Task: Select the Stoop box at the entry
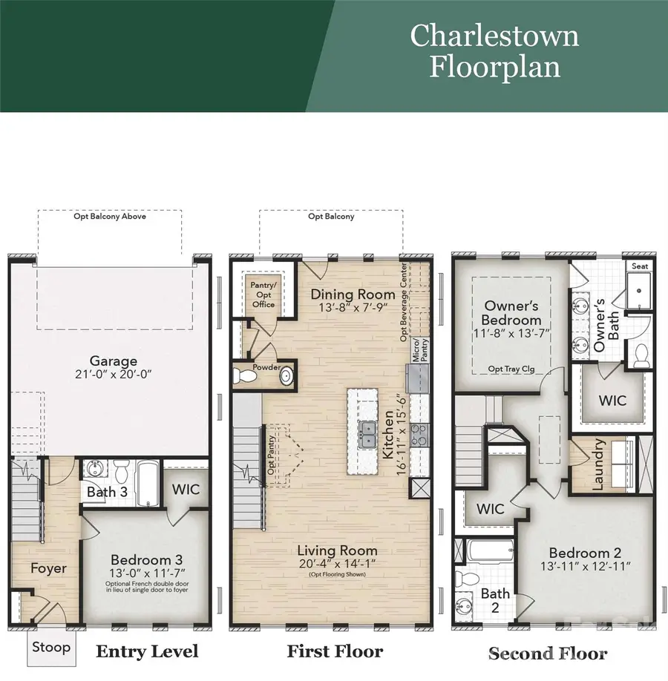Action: point(51,647)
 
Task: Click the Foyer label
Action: point(48,569)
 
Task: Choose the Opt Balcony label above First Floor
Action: point(331,217)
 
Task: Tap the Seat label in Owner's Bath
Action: point(638,266)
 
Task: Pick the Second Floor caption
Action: point(547,654)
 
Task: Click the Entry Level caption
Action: point(147,651)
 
